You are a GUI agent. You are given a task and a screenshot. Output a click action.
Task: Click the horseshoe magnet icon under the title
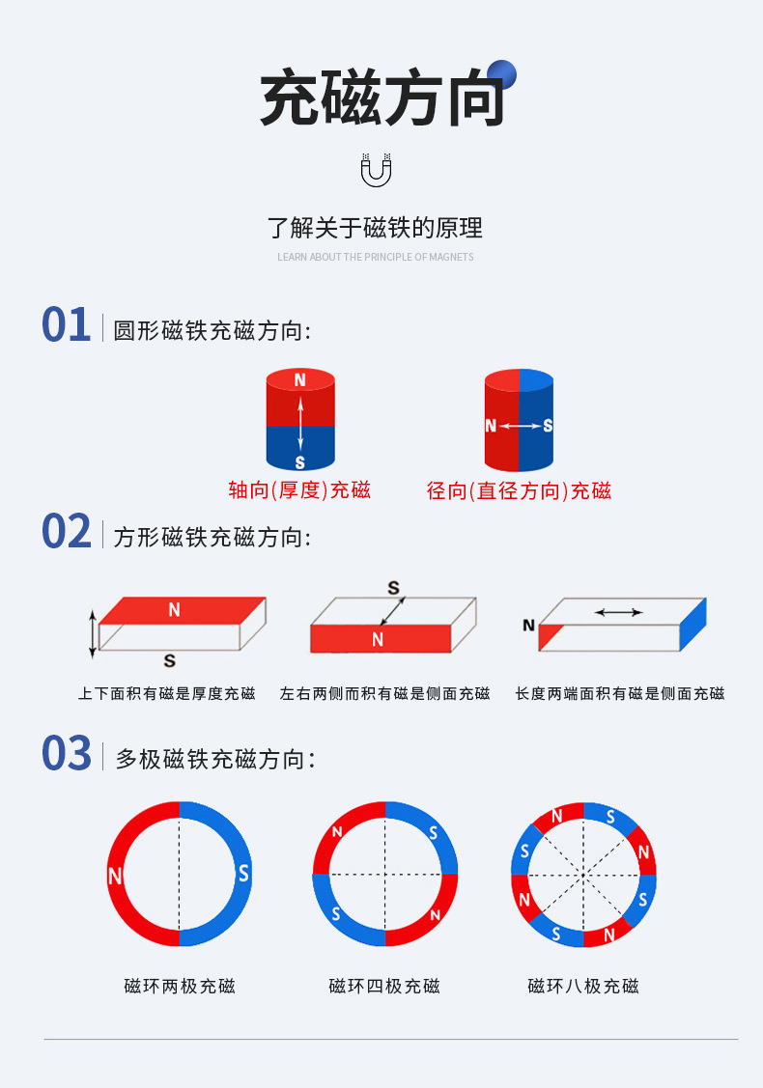point(376,170)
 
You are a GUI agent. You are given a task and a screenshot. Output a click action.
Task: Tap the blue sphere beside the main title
point(501,74)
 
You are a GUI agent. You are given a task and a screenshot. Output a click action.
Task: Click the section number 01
point(66,325)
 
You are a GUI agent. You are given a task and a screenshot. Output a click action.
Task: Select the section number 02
point(66,532)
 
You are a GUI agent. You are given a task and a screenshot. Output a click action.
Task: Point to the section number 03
point(66,754)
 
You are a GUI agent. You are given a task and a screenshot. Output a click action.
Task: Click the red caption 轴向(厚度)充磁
point(299,490)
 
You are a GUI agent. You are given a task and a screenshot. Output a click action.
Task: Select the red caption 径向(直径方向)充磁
point(519,490)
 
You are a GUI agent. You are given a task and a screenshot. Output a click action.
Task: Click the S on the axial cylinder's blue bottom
point(299,463)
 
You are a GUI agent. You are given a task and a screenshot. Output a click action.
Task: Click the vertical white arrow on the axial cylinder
point(300,423)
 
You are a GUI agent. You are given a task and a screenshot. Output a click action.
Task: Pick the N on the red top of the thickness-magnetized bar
point(174,609)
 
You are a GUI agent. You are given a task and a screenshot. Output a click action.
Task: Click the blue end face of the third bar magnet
point(693,625)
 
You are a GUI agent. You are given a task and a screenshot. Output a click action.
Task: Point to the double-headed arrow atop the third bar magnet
point(618,611)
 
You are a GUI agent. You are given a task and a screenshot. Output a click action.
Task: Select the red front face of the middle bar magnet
point(380,638)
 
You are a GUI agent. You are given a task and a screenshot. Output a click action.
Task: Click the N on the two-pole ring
point(116,877)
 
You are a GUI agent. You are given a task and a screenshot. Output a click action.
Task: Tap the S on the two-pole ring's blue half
point(243,874)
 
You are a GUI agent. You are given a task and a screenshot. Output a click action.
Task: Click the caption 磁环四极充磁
point(384,987)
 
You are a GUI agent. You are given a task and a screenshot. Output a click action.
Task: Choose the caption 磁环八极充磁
point(583,987)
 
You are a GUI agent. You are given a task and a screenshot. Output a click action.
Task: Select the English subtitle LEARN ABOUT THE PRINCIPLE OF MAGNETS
point(376,257)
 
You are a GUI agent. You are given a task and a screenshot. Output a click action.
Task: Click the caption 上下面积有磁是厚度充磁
point(167,693)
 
